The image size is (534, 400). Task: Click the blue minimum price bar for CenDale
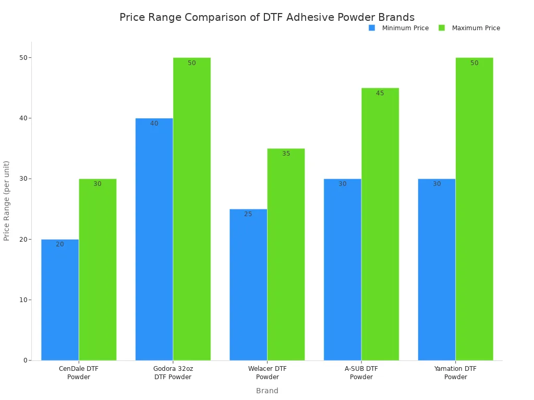pos(60,299)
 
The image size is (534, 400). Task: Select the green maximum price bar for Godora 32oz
pos(192,208)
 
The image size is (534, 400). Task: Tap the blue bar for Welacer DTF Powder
pos(248,284)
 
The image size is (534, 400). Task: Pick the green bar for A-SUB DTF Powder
pos(380,224)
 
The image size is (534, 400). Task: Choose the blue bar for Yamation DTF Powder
pos(436,269)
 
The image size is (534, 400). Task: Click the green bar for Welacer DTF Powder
pos(286,254)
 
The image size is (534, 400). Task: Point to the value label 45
pos(380,93)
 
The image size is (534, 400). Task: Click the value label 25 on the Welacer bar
pos(248,214)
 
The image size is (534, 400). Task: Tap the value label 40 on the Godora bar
pos(154,123)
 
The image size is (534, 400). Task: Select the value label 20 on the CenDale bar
pos(60,244)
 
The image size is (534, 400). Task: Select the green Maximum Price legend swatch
pos(442,28)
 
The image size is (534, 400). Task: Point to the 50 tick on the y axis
pos(23,57)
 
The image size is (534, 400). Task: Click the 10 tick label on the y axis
pos(23,300)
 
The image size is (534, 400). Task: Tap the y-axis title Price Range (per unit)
pos(7,201)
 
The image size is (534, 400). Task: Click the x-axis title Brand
pos(267,391)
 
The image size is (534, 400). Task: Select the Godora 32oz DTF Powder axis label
pos(173,373)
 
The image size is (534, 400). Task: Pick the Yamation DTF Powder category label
pos(455,373)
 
